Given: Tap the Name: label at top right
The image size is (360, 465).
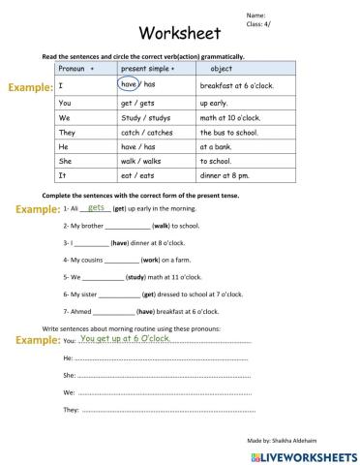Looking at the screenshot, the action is coord(256,15).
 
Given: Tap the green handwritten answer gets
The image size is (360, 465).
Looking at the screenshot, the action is coord(96,207).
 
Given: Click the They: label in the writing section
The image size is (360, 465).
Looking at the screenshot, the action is coord(71,410).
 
